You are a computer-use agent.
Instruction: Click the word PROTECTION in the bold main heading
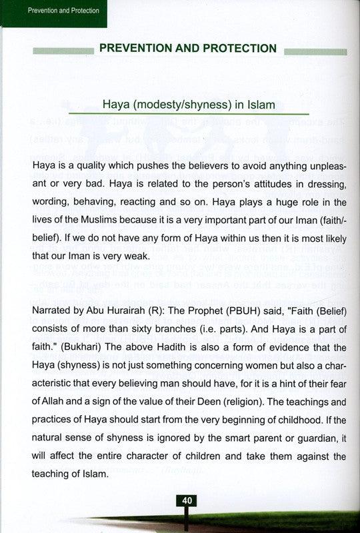click(237, 48)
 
